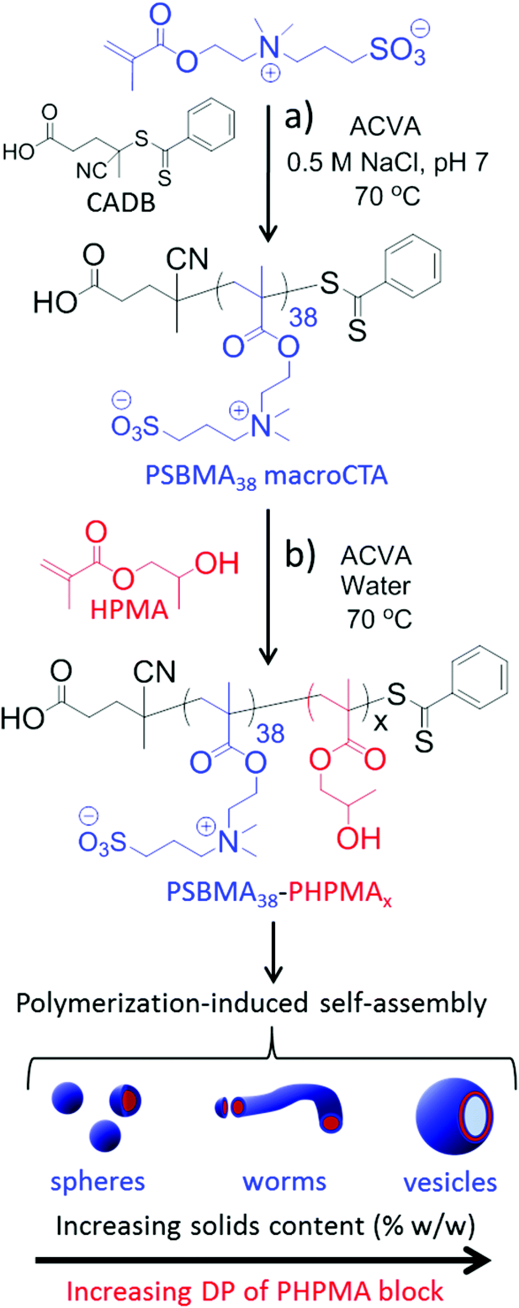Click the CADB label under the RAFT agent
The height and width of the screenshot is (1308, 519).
[121, 203]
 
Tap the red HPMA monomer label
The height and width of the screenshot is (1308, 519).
[129, 610]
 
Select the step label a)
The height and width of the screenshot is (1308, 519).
[298, 118]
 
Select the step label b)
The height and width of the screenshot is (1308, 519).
[300, 555]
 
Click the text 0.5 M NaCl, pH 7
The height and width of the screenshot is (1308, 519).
[387, 162]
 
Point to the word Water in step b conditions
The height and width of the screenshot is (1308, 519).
[375, 586]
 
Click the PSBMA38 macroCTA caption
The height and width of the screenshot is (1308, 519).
[266, 476]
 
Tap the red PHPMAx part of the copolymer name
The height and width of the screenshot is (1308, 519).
[340, 892]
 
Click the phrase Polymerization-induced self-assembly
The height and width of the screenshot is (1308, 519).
[251, 1003]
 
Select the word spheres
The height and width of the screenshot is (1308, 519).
[98, 1182]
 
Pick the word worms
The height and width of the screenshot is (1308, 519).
[284, 1182]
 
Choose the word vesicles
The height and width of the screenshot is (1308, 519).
[450, 1182]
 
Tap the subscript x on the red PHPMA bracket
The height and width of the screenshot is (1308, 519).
[380, 723]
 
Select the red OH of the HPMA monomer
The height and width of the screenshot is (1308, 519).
[217, 564]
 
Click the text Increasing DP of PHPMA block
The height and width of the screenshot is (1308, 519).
[254, 1292]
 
